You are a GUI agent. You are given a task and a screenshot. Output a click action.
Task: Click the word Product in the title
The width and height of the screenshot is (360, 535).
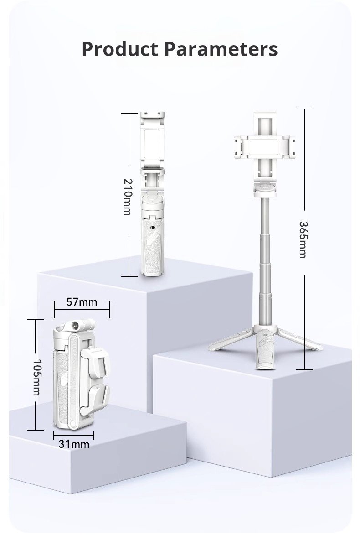(x=120, y=49)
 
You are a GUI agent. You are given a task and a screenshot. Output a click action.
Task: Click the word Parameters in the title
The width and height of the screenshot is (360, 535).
(x=221, y=49)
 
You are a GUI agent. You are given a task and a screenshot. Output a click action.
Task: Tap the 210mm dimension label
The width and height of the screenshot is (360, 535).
(x=127, y=197)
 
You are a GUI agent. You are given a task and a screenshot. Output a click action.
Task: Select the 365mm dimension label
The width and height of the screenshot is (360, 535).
(x=303, y=239)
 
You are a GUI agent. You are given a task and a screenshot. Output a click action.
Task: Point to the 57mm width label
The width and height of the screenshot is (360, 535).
(x=82, y=302)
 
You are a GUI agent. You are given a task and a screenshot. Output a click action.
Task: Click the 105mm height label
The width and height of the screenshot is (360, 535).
(x=36, y=377)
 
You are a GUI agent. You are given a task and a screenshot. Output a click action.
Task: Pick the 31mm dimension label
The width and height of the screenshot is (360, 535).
(x=74, y=444)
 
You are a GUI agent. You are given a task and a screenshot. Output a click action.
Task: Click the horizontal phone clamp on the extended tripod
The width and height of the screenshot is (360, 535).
(x=265, y=147)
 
